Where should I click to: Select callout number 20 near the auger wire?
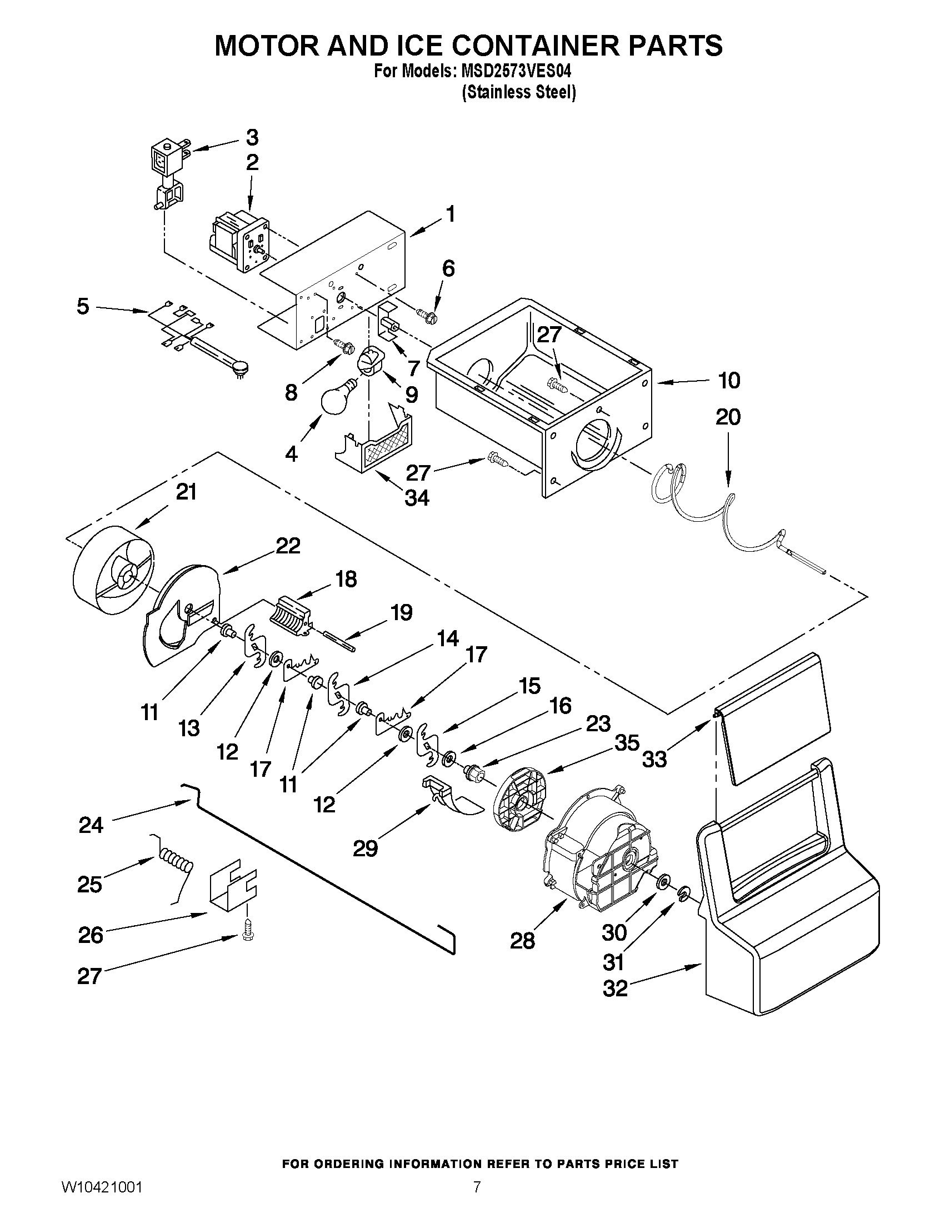pos(728,417)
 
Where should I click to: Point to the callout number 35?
pos(627,743)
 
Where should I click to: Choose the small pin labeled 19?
pos(339,640)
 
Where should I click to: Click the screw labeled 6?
pos(429,315)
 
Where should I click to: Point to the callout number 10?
pos(728,381)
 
